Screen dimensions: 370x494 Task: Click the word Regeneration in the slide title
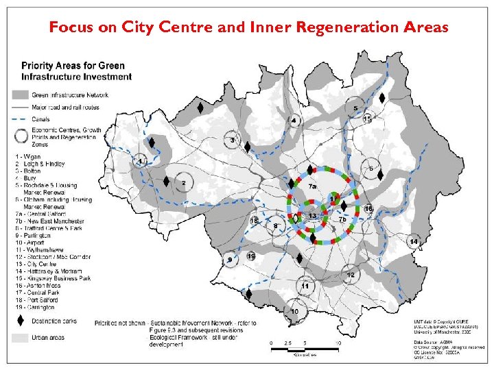(x=338, y=28)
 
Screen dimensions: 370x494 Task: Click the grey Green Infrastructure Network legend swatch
(x=19, y=95)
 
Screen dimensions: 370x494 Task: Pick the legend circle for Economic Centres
(x=19, y=135)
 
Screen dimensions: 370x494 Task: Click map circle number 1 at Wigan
(x=141, y=162)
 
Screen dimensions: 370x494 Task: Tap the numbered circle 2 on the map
(x=183, y=184)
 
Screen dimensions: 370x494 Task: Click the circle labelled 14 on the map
(x=414, y=242)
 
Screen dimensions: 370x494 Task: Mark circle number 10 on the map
(x=295, y=312)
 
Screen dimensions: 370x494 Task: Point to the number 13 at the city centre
(x=312, y=217)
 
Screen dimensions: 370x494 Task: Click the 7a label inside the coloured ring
(x=312, y=186)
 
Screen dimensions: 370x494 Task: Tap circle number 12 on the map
(x=351, y=275)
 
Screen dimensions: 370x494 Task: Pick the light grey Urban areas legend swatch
(x=19, y=337)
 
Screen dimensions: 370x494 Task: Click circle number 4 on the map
(x=294, y=121)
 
